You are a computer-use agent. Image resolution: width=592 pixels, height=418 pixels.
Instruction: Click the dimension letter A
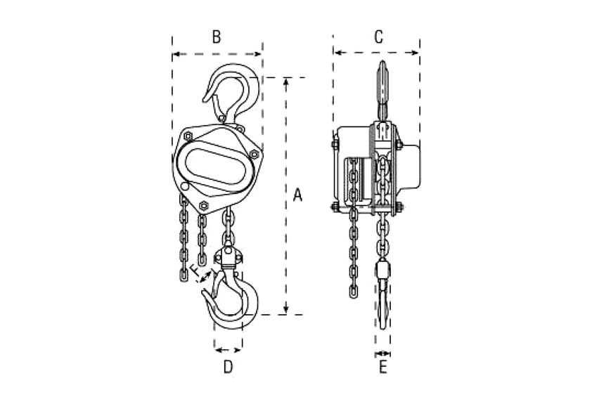[x=297, y=195]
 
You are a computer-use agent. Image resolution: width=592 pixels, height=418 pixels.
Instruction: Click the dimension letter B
[x=217, y=37]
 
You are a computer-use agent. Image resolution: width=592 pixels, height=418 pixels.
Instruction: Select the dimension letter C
[x=379, y=37]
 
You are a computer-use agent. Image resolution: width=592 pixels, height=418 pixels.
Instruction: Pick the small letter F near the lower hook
[x=194, y=270]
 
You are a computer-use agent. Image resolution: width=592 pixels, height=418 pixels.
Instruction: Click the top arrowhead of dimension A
[x=286, y=81]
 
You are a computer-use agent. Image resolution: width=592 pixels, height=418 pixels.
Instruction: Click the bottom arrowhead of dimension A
[x=286, y=311]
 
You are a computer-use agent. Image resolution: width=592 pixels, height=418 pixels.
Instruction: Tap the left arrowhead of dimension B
[x=176, y=55]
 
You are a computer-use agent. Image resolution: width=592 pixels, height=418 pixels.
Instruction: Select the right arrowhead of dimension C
[x=416, y=53]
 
